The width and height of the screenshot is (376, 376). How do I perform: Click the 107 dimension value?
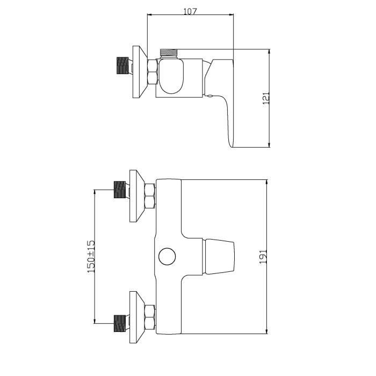pos(190,11)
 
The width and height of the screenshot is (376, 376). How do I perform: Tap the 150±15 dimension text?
pos(91,255)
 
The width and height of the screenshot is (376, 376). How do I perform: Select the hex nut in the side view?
pos(152,72)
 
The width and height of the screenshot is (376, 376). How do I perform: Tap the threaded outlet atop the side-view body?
pos(169,53)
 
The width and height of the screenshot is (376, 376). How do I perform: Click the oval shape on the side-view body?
pos(172,76)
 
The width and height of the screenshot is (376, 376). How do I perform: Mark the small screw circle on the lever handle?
pos(210,96)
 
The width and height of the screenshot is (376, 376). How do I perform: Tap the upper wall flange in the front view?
pos(138,196)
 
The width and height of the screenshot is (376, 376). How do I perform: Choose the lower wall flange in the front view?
pos(138,316)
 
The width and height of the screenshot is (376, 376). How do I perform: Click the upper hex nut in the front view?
pos(151,196)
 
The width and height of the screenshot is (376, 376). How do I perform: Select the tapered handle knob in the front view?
pos(219,256)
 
